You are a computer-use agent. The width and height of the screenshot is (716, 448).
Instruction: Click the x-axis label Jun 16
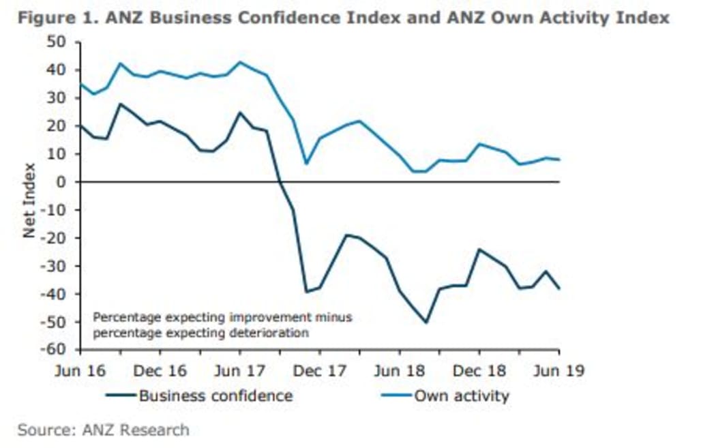80,371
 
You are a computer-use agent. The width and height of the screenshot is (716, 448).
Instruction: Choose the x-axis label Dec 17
320,371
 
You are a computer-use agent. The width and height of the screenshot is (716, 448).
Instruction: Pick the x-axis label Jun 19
557,371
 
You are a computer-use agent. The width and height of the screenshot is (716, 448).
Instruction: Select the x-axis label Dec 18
479,371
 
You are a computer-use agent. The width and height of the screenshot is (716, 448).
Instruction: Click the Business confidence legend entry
215,396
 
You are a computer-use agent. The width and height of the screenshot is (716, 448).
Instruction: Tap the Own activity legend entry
462,396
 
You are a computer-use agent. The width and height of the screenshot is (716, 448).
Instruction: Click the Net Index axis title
29,200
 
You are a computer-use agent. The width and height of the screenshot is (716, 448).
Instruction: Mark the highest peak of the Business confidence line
121,104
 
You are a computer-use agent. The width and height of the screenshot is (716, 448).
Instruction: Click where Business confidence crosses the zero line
280,182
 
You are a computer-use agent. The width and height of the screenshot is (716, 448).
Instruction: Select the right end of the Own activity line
559,160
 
